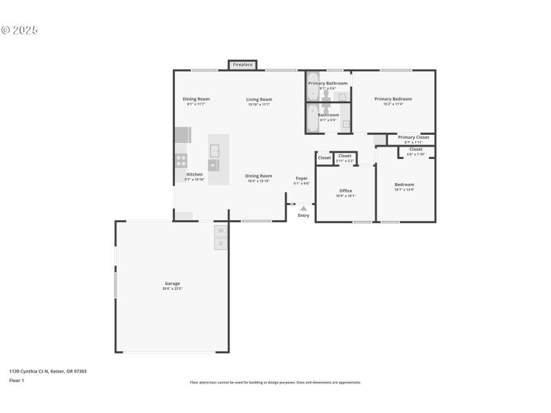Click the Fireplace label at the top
click(242, 65)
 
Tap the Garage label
click(172, 283)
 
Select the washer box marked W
click(221, 231)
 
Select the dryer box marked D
click(221, 244)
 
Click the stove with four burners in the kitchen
click(181, 160)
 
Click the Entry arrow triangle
click(303, 208)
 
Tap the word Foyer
click(302, 178)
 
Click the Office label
click(346, 191)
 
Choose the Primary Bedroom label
click(393, 98)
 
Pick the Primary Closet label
click(413, 137)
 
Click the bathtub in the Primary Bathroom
click(313, 87)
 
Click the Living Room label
click(259, 99)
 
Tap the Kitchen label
click(195, 174)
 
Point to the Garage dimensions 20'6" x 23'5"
click(172, 288)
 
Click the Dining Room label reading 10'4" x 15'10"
click(259, 176)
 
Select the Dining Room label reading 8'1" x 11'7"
click(196, 98)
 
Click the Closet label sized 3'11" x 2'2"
click(345, 156)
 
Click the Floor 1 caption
click(17, 380)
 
